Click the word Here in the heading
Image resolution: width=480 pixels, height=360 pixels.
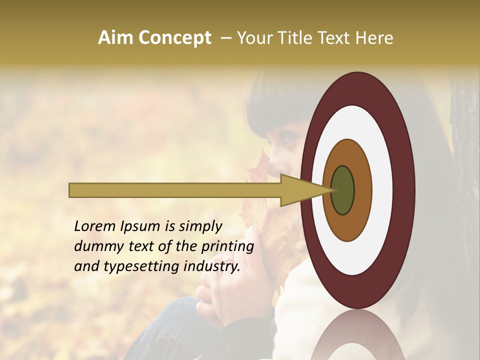point(374,38)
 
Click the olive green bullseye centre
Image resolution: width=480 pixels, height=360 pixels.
point(342,190)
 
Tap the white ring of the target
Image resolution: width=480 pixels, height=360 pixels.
point(382,190)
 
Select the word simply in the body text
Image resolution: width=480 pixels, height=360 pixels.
point(200,227)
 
